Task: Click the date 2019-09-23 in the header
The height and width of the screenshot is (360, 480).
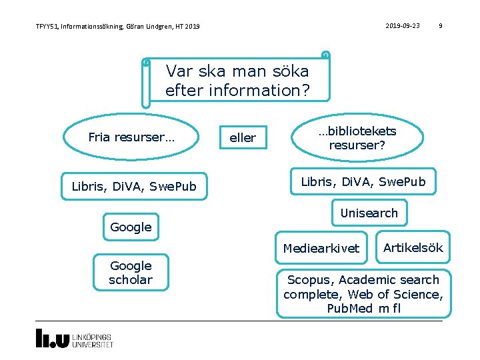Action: [403, 26]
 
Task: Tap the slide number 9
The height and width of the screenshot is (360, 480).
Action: [440, 26]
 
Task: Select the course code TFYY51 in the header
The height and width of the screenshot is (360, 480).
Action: [47, 27]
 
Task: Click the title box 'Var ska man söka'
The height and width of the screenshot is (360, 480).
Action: [237, 80]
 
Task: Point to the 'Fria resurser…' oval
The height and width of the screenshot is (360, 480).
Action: [131, 138]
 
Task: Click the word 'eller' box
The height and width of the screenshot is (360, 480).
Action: [243, 138]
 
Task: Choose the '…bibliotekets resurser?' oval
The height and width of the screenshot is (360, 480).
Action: [357, 138]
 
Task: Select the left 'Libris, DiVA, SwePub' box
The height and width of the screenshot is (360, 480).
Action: [134, 187]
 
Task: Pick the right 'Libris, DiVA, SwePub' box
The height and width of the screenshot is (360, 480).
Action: [363, 181]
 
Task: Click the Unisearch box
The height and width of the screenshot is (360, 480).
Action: [369, 213]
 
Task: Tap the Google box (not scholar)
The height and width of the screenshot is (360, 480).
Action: [131, 227]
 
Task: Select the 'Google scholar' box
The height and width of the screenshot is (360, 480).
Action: [131, 273]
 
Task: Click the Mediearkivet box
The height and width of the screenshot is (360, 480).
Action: [321, 249]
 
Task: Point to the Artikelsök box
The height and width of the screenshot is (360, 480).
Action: [413, 248]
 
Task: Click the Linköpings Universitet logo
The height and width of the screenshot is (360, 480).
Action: [75, 339]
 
